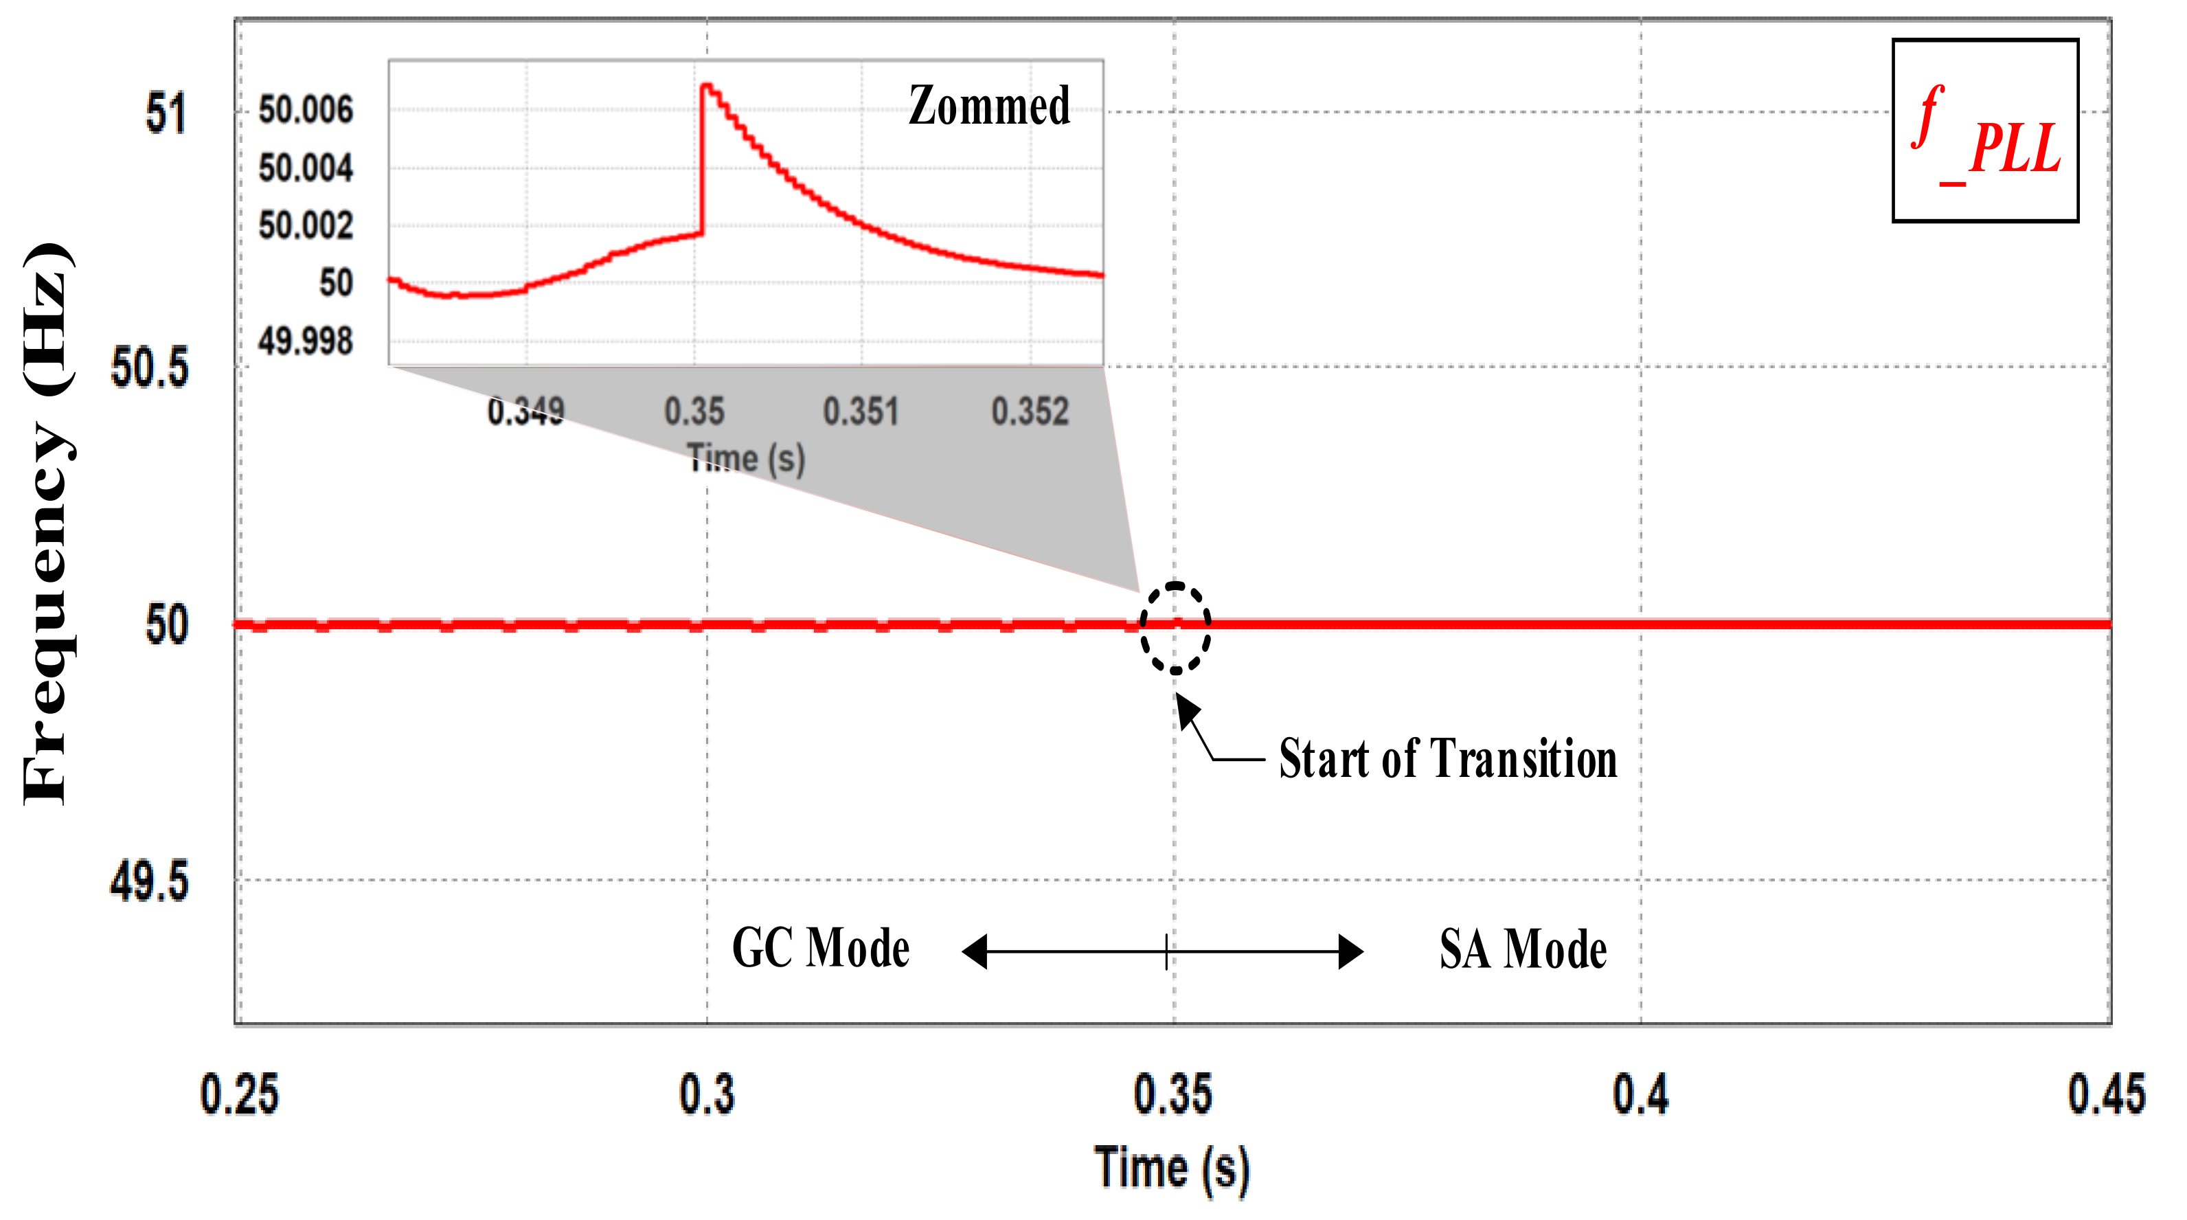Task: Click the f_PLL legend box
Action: [1984, 130]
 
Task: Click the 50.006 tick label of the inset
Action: [306, 111]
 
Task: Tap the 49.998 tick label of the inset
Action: [306, 341]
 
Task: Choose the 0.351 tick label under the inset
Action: [861, 411]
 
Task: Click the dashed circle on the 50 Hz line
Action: [1175, 629]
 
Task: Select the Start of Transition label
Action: [1447, 758]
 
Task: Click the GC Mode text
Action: [820, 949]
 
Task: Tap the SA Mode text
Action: [1523, 949]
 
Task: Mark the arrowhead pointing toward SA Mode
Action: [1352, 951]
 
